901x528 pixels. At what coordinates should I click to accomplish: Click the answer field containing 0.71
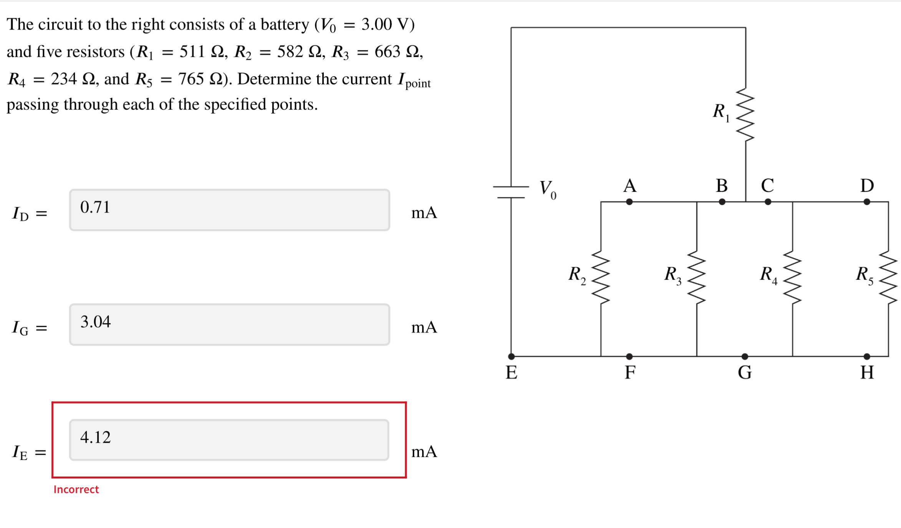point(229,210)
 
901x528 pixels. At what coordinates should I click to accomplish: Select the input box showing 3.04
point(229,324)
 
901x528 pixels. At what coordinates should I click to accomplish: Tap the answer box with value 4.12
point(229,439)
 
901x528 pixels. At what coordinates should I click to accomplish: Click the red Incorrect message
point(76,489)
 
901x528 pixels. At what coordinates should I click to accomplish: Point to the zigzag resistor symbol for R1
point(745,115)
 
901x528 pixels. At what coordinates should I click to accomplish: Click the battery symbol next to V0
point(511,192)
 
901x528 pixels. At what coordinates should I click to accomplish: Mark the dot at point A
point(629,202)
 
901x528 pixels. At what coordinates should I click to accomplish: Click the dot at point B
point(722,202)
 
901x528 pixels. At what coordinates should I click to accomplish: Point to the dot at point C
point(768,202)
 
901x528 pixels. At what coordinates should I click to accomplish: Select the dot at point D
point(867,202)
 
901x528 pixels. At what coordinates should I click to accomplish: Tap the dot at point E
point(511,356)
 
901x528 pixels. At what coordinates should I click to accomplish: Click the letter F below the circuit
point(630,372)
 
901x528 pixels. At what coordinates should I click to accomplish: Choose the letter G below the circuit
point(745,372)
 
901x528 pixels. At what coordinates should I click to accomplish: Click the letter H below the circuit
point(867,372)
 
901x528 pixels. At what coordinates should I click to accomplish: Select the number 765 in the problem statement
point(191,79)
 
